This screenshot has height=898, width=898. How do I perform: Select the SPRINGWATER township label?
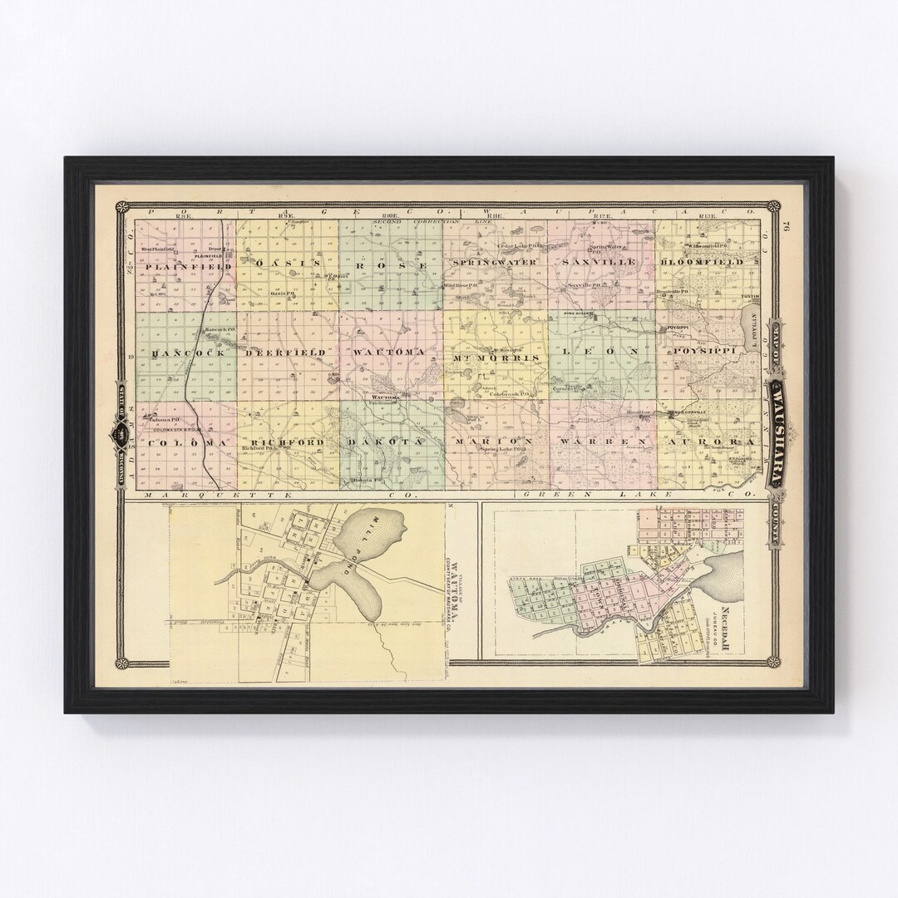click(496, 263)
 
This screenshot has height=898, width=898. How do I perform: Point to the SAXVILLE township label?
click(599, 262)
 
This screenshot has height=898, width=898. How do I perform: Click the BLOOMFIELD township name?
click(713, 262)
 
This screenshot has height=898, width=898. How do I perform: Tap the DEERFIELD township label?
click(287, 353)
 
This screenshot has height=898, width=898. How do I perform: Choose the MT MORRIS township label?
click(496, 358)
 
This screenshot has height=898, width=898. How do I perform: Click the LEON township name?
click(600, 353)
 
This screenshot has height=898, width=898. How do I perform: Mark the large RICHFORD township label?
click(285, 442)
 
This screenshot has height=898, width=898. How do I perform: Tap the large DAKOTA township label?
click(387, 441)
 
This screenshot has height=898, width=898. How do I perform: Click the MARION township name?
click(496, 441)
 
